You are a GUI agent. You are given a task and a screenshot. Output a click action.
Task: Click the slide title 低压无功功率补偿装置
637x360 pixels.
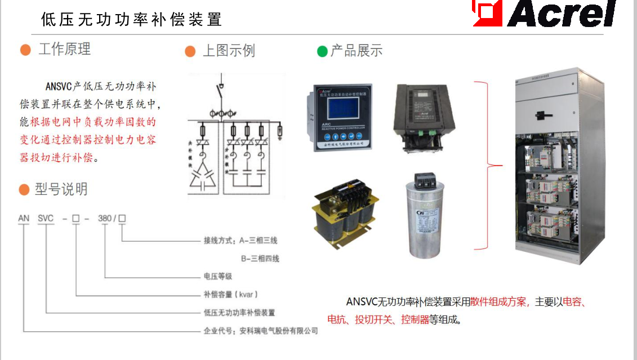pos(131,19)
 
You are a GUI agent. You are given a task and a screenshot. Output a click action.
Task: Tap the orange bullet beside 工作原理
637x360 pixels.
pos(25,50)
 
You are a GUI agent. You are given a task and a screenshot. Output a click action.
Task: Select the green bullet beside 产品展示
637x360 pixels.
pos(322,51)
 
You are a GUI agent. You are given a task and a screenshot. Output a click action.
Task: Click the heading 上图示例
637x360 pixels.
pos(229,51)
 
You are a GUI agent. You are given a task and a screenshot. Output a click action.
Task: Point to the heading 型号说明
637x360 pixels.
pos(61,189)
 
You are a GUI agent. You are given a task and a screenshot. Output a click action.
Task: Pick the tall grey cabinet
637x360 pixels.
pos(546,166)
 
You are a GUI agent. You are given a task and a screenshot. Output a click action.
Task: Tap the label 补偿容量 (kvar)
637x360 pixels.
pos(230,295)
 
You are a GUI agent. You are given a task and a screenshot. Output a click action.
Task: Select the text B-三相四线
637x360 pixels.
pos(260,259)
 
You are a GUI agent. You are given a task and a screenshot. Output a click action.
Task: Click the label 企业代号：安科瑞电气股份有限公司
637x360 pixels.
pos(260,331)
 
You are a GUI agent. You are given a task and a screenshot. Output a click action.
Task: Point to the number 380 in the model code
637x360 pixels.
pos(105,218)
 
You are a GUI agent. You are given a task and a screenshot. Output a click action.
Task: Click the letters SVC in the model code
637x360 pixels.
pos(45,218)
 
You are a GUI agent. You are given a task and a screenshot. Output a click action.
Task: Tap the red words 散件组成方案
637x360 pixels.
pos(498,302)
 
